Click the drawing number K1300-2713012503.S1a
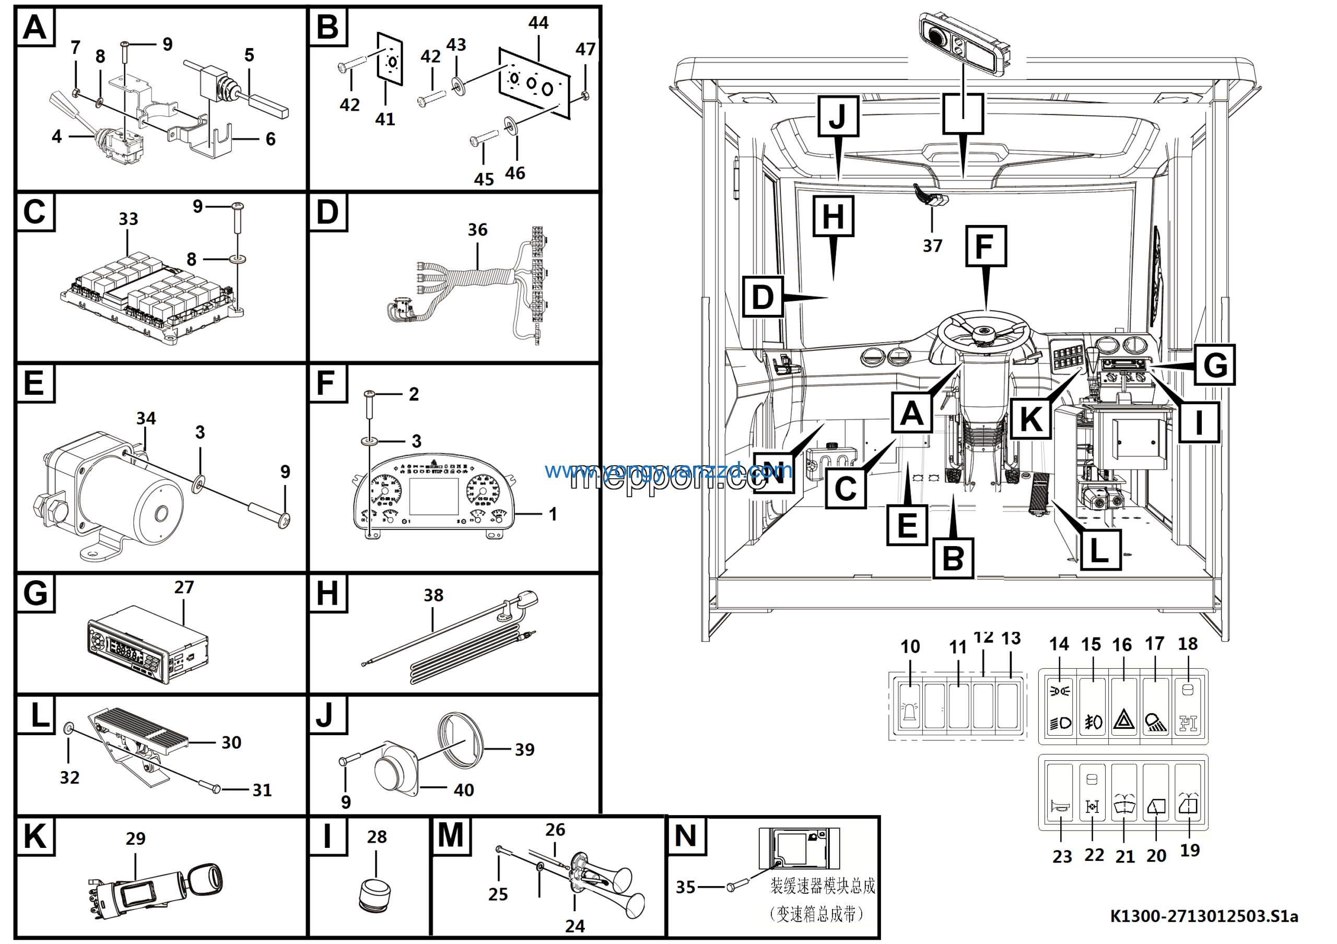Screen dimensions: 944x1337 point(1203,916)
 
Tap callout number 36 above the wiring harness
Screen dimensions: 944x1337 point(477,230)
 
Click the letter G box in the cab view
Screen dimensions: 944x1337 point(1215,365)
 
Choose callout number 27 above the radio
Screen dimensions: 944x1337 point(184,587)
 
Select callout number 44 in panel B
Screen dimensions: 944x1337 point(538,22)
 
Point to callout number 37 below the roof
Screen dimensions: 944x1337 point(932,245)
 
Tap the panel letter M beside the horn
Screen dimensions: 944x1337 point(450,836)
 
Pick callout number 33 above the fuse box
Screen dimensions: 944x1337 point(128,219)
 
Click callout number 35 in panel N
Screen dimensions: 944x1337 point(685,887)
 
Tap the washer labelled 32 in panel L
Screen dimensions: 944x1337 point(68,727)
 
